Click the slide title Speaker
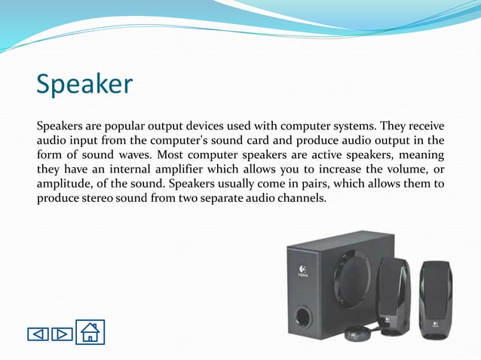(84, 84)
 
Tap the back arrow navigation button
(38, 334)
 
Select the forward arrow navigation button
(62, 334)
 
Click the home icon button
(90, 332)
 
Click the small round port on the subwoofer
(302, 316)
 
